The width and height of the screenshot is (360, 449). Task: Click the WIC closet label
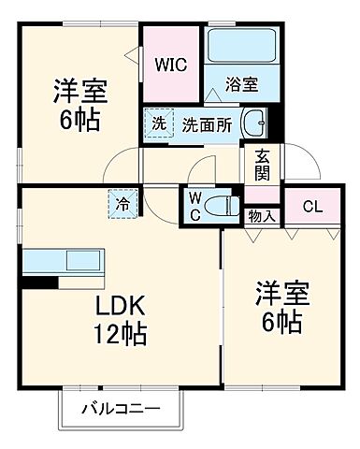pos(170,66)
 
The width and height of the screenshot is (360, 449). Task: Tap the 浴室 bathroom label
pos(242,83)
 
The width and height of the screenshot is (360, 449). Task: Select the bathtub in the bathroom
pos(241,47)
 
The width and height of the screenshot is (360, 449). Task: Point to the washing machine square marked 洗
pos(159,123)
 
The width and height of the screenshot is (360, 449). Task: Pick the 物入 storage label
pos(262,217)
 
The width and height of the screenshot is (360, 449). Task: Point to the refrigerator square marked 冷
pos(122,201)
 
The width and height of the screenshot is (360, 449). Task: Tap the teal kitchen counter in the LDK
pos(62,260)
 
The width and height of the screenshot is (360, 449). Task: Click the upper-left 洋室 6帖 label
pos(79,106)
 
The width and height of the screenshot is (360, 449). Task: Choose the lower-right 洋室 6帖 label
pos(279,307)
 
